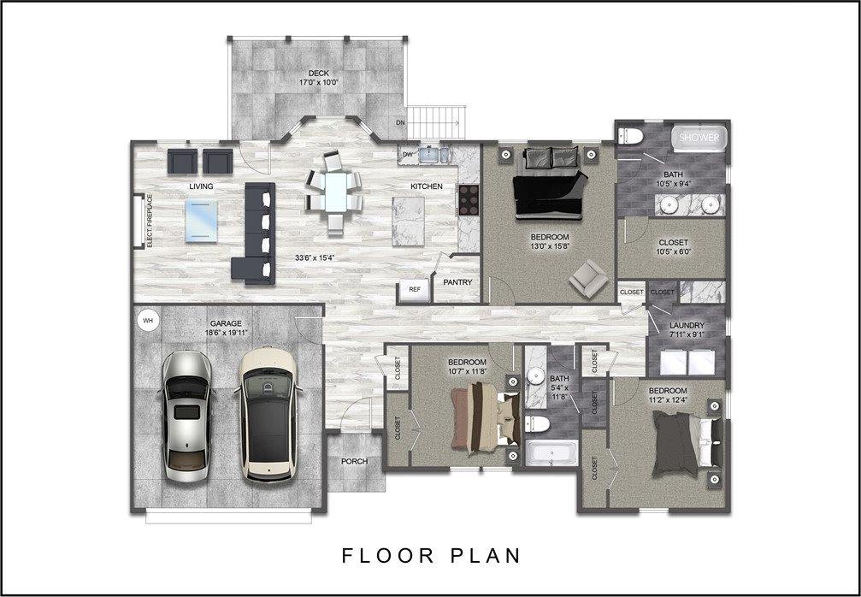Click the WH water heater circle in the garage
[x=148, y=320]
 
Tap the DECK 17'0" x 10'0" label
[x=318, y=78]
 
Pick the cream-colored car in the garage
[x=268, y=415]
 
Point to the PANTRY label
[x=457, y=282]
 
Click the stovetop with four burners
[x=469, y=200]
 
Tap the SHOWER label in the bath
[x=699, y=138]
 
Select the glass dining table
[x=335, y=192]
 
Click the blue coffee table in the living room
[x=202, y=221]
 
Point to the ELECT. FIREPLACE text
[x=150, y=221]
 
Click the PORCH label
[x=354, y=461]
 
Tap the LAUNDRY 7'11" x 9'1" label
[x=687, y=329]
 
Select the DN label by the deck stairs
[x=400, y=122]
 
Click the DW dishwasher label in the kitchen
[x=408, y=154]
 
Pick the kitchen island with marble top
[x=408, y=222]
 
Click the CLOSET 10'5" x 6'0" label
[x=673, y=247]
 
